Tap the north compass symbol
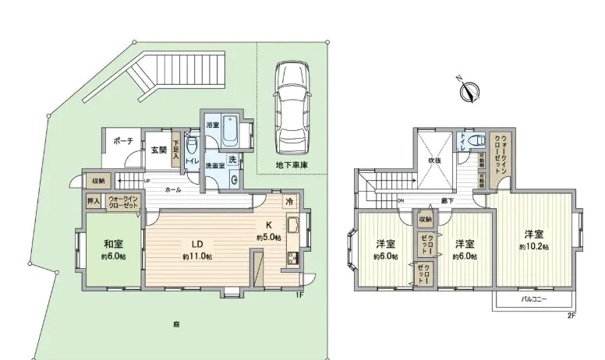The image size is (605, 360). [469, 90]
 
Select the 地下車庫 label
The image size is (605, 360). [292, 166]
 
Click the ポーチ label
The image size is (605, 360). [122, 141]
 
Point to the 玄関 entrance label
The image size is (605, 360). [157, 150]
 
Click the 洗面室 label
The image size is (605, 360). [215, 166]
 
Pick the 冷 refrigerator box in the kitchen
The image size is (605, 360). [288, 200]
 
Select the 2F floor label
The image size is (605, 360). [571, 315]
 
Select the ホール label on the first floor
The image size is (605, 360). [172, 189]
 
